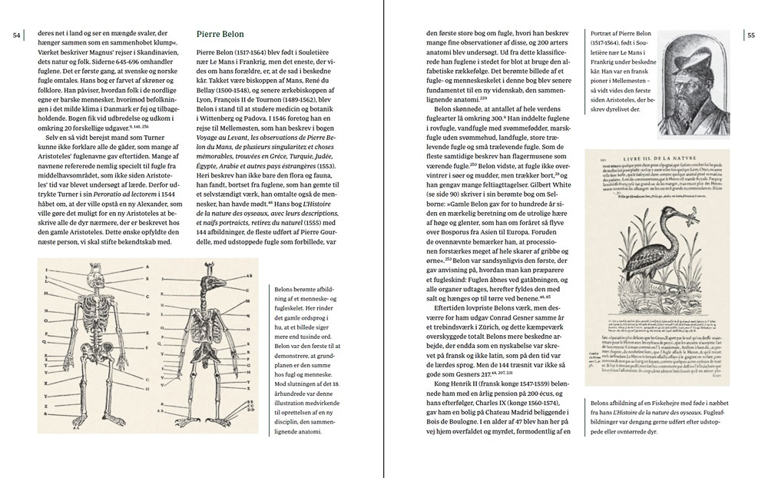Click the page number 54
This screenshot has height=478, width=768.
point(16,35)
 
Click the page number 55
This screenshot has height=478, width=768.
point(751,35)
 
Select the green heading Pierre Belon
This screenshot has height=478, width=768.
point(220,35)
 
